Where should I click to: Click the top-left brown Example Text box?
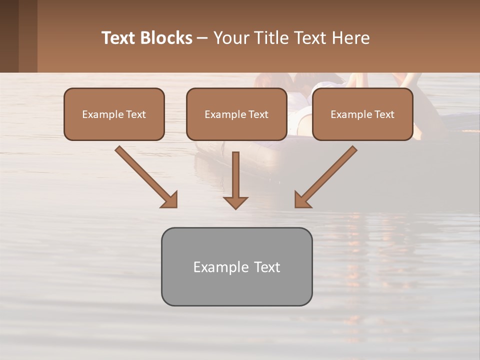(x=114, y=114)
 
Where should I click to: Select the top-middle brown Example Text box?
(x=236, y=114)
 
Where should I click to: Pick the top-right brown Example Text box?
(x=362, y=114)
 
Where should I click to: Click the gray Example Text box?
(x=236, y=266)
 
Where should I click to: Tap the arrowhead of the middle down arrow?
(x=235, y=202)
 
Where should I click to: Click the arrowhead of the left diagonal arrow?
(x=170, y=200)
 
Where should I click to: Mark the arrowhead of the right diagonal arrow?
(x=302, y=200)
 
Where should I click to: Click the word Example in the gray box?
(x=217, y=267)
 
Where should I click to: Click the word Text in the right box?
(x=384, y=114)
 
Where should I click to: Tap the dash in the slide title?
(x=202, y=38)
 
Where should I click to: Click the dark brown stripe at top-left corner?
(x=9, y=36)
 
